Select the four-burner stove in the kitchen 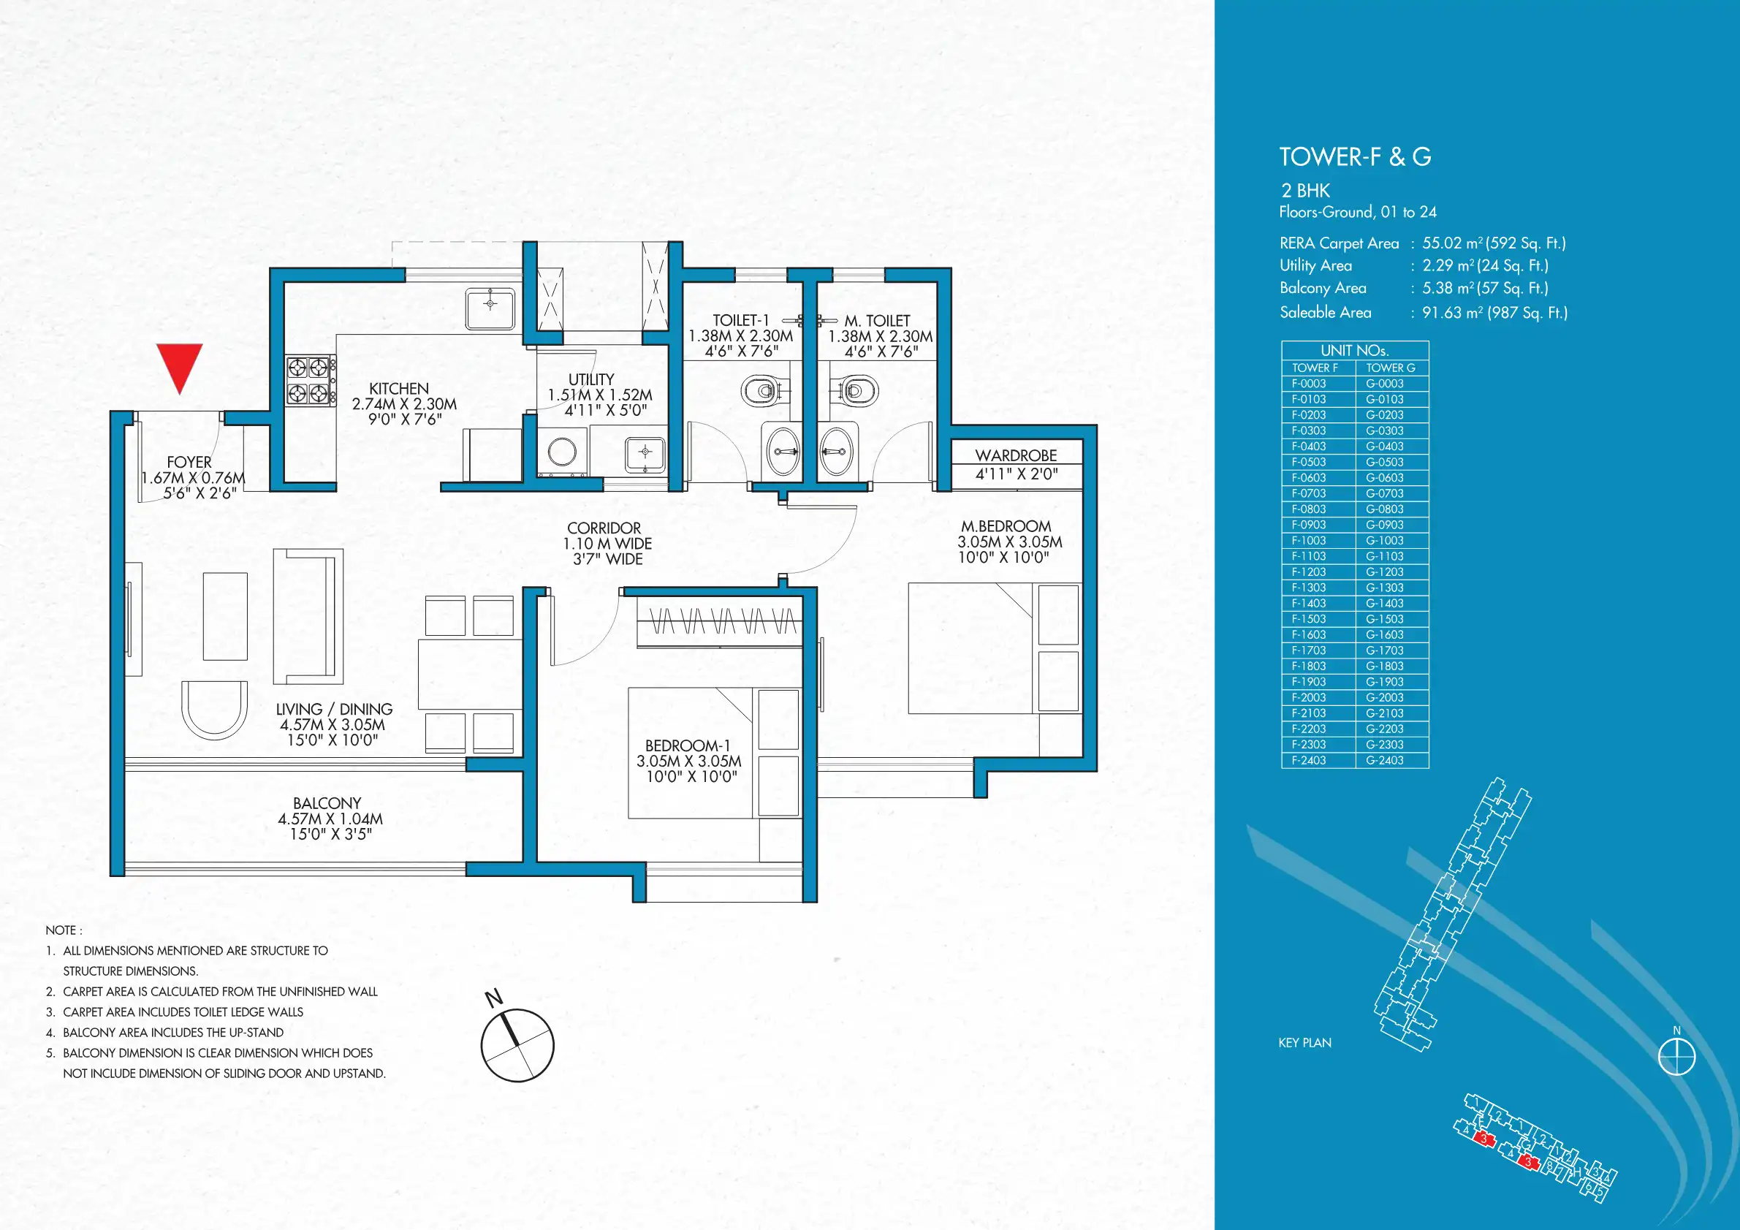pyautogui.click(x=311, y=381)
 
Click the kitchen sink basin pyautogui.click(x=490, y=308)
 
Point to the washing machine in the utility pyautogui.click(x=562, y=452)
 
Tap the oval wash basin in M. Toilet pyautogui.click(x=837, y=450)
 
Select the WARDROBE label pyautogui.click(x=1016, y=455)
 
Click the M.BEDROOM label pyautogui.click(x=1006, y=526)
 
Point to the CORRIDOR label pyautogui.click(x=604, y=528)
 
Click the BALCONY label pyautogui.click(x=327, y=803)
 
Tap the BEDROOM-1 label pyautogui.click(x=688, y=745)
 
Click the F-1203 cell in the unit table pyautogui.click(x=1309, y=572)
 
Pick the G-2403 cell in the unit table pyautogui.click(x=1385, y=760)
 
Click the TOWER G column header pyautogui.click(x=1391, y=368)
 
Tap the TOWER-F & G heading pyautogui.click(x=1355, y=157)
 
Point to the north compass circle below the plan pyautogui.click(x=517, y=1045)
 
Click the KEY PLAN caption pyautogui.click(x=1304, y=1043)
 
